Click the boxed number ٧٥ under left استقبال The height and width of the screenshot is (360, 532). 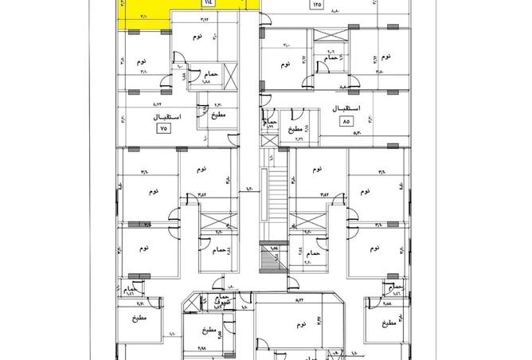165,127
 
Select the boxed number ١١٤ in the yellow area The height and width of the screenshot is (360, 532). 207,3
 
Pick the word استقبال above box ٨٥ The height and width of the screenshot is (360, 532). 344,108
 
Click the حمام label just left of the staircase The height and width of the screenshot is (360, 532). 219,250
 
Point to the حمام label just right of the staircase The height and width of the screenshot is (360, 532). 313,252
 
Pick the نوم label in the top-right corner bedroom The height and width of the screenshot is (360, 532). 385,57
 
